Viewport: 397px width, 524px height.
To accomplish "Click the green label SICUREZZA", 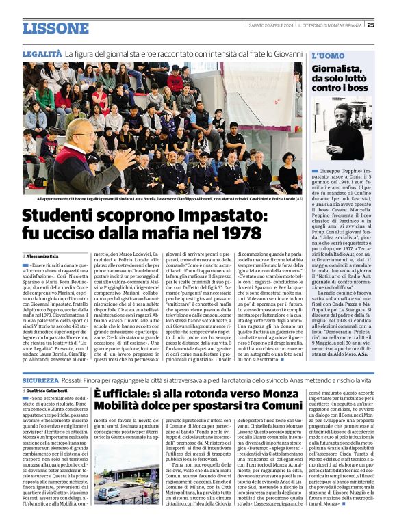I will [41, 378].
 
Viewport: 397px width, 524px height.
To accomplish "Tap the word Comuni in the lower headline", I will [279, 411].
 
